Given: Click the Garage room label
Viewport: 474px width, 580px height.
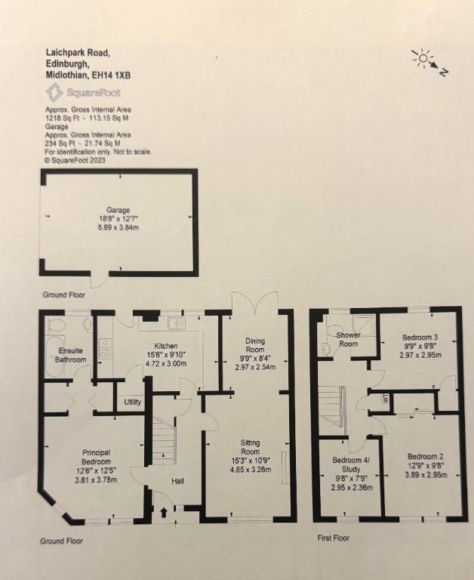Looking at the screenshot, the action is (x=119, y=210).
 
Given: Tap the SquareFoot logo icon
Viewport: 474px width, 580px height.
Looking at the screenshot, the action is (x=54, y=92).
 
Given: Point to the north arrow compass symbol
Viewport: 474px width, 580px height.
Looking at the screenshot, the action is (x=429, y=63).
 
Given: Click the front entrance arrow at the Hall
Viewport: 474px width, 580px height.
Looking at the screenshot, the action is (x=164, y=513).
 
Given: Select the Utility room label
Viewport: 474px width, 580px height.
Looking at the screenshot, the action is (x=132, y=402).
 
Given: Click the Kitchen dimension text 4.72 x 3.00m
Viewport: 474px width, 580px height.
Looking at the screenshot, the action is (x=166, y=363).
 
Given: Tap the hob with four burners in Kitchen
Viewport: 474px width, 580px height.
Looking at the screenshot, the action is (x=105, y=348).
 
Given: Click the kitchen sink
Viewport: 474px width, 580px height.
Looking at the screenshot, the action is (x=176, y=323).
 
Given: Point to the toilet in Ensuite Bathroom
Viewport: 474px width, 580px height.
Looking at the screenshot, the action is (x=57, y=325).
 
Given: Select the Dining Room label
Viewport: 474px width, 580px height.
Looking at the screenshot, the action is (x=255, y=345).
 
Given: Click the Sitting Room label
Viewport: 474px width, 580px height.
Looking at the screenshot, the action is (x=251, y=447).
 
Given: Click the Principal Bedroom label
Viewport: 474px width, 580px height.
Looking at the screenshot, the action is (x=97, y=457).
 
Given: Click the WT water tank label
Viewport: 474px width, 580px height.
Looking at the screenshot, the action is (x=385, y=399).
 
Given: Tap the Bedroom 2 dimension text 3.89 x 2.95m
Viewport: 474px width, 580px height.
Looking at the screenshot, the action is (x=426, y=475).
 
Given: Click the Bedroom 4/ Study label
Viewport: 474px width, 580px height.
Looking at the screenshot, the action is (x=351, y=465).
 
